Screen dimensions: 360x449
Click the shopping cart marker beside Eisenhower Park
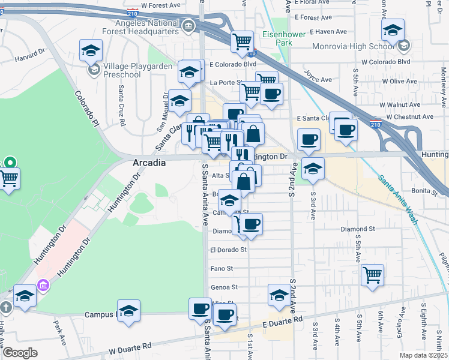click(x=243, y=41)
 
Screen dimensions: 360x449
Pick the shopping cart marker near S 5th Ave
click(x=373, y=275)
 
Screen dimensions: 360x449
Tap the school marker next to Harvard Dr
click(x=91, y=50)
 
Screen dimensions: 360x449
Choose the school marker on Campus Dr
click(x=128, y=311)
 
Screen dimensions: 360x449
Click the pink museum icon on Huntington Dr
click(x=43, y=285)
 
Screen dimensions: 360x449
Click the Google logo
click(x=20, y=353)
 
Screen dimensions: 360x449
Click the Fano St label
click(x=221, y=268)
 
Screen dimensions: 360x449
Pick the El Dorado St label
click(x=228, y=249)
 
